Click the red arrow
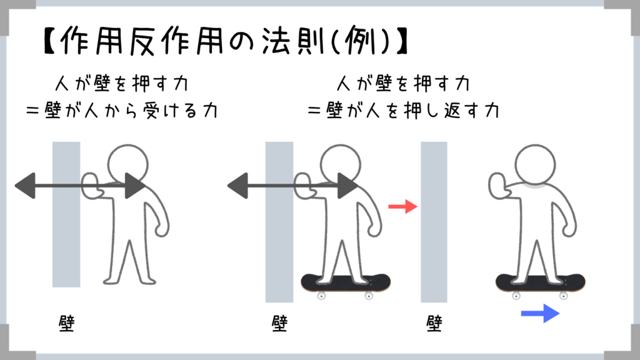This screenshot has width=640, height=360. tap(403, 206)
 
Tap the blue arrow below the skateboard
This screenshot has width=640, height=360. tap(541, 314)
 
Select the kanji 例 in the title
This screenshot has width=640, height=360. tap(360, 41)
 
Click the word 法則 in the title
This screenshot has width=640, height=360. tap(292, 41)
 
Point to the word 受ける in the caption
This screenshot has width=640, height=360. tap(171, 111)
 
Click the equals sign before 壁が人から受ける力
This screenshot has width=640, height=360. tap(32, 111)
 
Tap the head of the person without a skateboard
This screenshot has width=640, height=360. tap(127, 165)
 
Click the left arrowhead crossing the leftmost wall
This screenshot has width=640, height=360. tap(25, 186)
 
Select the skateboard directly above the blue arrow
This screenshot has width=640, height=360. tap(541, 283)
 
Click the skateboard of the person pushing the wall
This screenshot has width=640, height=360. tap(346, 283)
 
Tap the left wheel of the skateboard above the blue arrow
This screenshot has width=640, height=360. tap(516, 296)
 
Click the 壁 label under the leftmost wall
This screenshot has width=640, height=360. tap(66, 323)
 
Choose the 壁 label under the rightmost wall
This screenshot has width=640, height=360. tap(434, 323)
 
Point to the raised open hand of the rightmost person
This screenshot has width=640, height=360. tap(497, 186)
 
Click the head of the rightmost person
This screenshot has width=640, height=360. tap(535, 165)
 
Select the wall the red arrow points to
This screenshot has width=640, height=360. tap(434, 222)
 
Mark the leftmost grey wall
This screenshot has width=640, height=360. tap(66, 215)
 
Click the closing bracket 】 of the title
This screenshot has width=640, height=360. tap(402, 41)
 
